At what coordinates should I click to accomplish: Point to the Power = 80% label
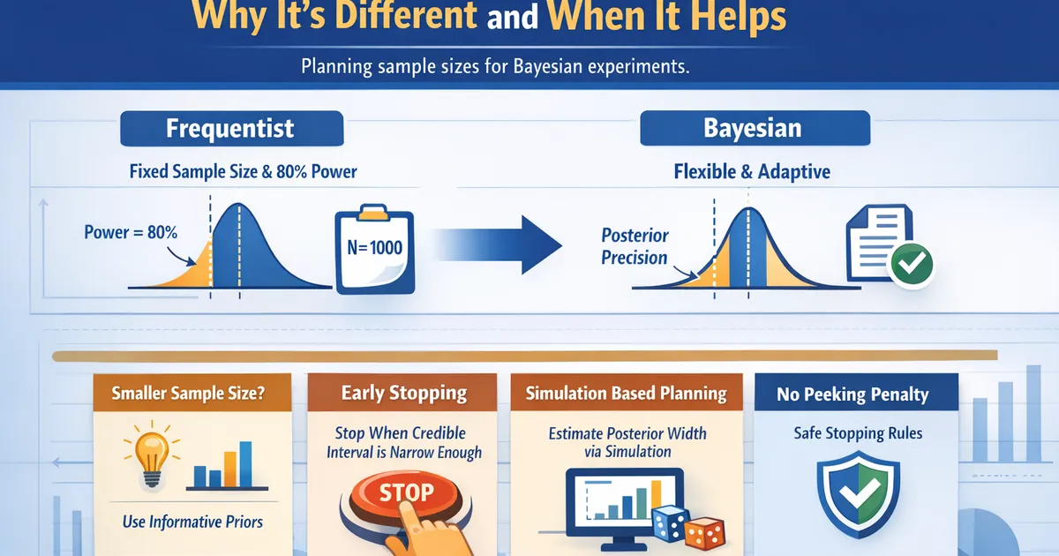[131, 233]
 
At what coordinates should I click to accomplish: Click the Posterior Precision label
[635, 247]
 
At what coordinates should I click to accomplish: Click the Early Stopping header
[404, 394]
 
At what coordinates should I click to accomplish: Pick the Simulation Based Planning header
[627, 394]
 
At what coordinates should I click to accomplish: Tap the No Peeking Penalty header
[852, 394]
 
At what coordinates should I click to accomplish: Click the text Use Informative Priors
[192, 522]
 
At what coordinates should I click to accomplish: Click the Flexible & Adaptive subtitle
[752, 171]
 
